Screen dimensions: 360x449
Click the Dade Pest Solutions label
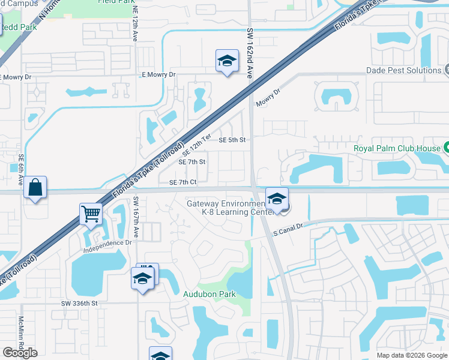click(x=403, y=70)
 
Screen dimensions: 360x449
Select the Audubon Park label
click(x=209, y=294)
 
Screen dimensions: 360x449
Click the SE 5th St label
click(x=232, y=140)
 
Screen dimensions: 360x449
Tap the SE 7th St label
click(x=192, y=162)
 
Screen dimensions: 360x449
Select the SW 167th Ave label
click(x=136, y=217)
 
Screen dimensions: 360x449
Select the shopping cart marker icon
click(x=91, y=214)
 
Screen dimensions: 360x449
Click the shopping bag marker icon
click(x=36, y=188)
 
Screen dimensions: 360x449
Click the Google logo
click(x=20, y=353)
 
